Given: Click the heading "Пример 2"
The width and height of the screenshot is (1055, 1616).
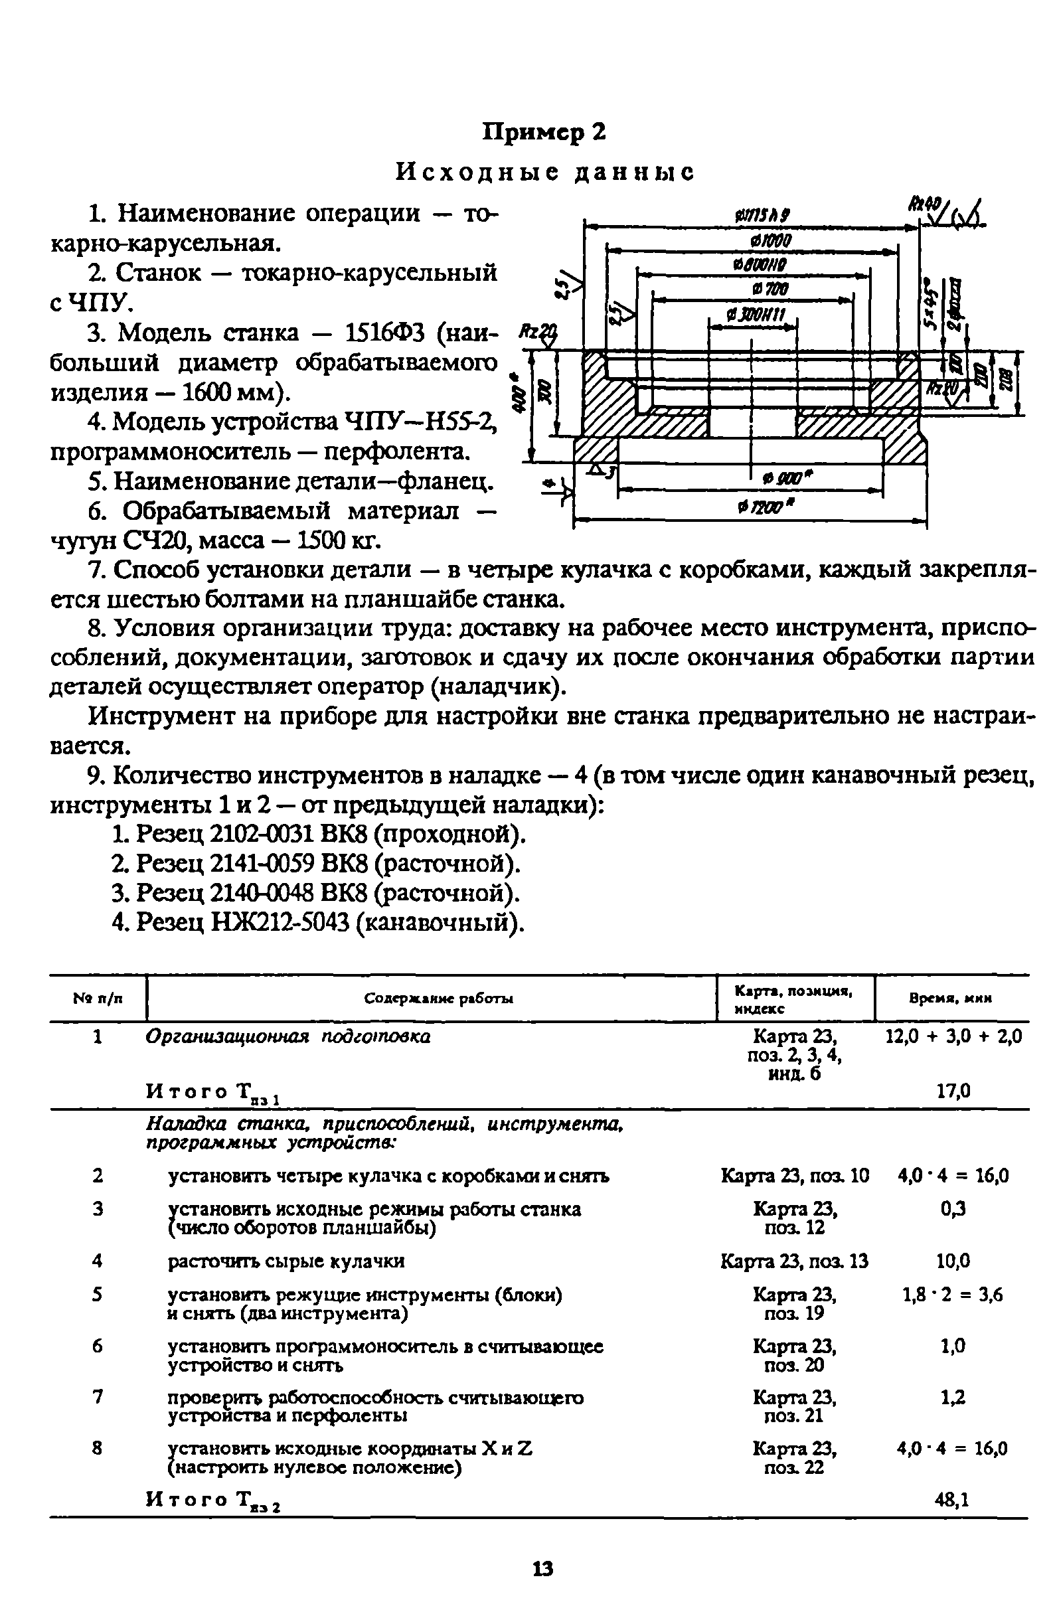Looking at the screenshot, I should pyautogui.click(x=543, y=131).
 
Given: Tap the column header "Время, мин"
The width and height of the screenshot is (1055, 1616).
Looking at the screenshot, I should pyautogui.click(x=951, y=998).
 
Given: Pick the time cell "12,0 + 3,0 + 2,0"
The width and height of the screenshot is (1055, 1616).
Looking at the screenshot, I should pyautogui.click(x=953, y=1036).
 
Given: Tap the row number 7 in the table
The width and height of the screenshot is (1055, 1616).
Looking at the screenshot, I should pyautogui.click(x=98, y=1397).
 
